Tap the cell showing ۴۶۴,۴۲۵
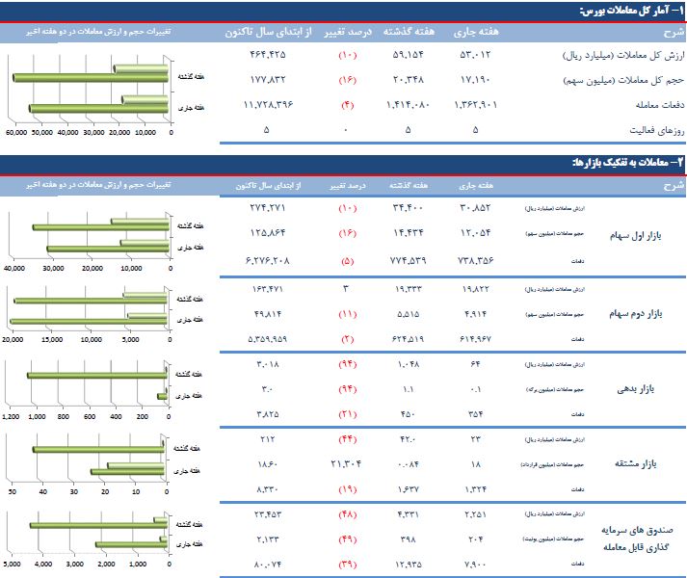[x=267, y=56]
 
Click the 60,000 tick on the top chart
[x=15, y=134]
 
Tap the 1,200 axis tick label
[x=11, y=417]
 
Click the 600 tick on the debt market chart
[x=91, y=417]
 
